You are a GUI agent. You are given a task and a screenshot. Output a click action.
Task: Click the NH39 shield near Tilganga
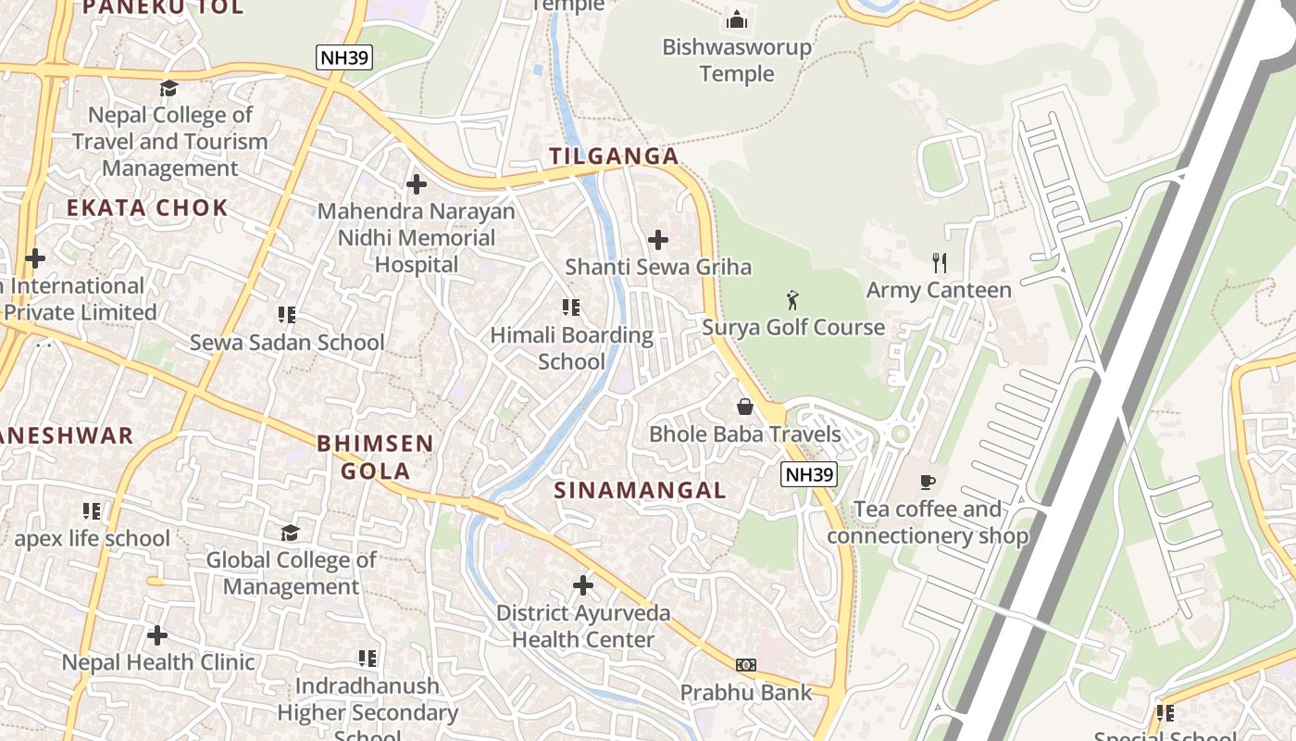(x=343, y=58)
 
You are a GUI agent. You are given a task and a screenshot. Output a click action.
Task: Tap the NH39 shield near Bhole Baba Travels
(x=809, y=475)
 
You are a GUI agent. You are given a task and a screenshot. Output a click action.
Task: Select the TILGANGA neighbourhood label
(x=615, y=157)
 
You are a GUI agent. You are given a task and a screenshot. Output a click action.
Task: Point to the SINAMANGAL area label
(x=640, y=491)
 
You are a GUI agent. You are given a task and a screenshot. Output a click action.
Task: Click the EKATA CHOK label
(x=147, y=207)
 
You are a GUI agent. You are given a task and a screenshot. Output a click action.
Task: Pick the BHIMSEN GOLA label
(x=375, y=457)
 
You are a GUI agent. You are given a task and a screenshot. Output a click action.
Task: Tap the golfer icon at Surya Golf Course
(x=792, y=300)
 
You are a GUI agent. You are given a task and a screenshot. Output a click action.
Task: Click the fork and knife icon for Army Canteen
(x=940, y=263)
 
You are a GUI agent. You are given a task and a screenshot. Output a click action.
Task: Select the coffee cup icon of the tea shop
(x=928, y=482)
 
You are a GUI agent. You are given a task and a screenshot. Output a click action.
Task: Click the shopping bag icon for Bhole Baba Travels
(x=744, y=407)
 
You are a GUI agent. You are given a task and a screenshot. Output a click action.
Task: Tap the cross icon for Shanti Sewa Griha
(x=658, y=240)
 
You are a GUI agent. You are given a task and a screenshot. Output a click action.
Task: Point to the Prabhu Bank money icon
(x=746, y=665)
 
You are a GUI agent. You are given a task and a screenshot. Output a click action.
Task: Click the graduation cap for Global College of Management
(x=290, y=533)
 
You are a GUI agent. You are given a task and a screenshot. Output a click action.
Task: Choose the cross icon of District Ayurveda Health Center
(x=583, y=585)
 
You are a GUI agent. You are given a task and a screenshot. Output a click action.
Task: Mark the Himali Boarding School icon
(x=571, y=308)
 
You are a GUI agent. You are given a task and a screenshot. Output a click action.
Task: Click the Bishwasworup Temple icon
(x=737, y=19)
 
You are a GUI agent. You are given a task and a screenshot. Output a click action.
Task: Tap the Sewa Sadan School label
(x=287, y=343)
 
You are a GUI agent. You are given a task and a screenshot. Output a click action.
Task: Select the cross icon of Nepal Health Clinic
(x=157, y=635)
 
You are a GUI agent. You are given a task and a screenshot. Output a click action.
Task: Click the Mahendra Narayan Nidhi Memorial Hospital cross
(x=417, y=184)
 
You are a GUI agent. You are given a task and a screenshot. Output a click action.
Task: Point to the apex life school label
(x=93, y=538)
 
